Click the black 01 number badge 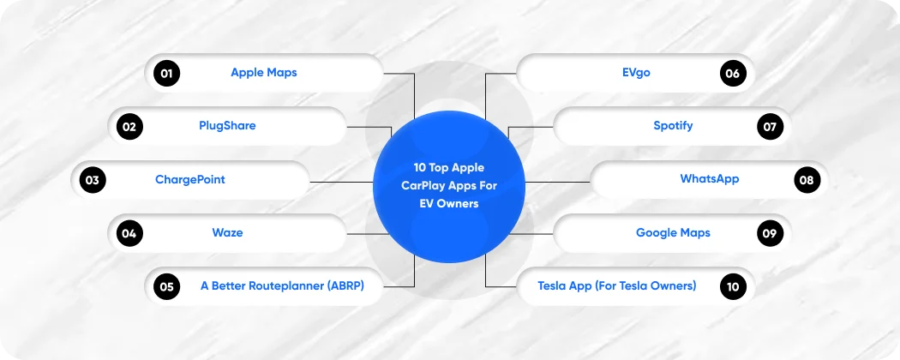(166, 74)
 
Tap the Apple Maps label (264, 73)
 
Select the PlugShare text (227, 126)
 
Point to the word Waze (227, 232)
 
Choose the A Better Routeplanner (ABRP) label (282, 285)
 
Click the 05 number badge (166, 286)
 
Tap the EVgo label (636, 73)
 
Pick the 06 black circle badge (732, 74)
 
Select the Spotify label (673, 126)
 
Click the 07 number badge (770, 128)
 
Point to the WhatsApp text (710, 179)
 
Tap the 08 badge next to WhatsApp (807, 181)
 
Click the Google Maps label (673, 232)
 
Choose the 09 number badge (770, 233)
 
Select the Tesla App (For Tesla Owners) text (617, 285)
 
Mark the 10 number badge (732, 286)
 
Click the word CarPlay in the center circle (425, 186)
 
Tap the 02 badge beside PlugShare (129, 128)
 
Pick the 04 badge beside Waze (129, 233)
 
